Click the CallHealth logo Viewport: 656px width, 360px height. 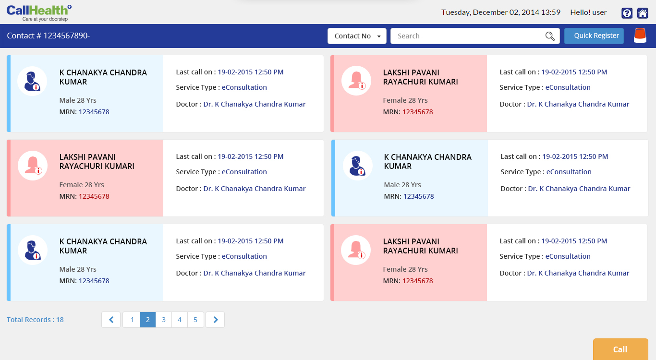pyautogui.click(x=39, y=12)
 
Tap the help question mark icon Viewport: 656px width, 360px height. pyautogui.click(x=627, y=13)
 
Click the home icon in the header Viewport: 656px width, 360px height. pyautogui.click(x=642, y=13)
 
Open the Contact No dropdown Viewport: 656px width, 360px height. pyautogui.click(x=357, y=36)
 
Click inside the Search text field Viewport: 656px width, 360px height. pyautogui.click(x=465, y=36)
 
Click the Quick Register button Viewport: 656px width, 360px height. pyautogui.click(x=594, y=36)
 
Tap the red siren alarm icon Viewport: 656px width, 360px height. pyautogui.click(x=640, y=36)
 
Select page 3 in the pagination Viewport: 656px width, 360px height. pyautogui.click(x=164, y=320)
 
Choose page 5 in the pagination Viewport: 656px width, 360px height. pyautogui.click(x=195, y=320)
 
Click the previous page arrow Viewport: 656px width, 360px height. pyautogui.click(x=111, y=320)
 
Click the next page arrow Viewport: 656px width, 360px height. pyautogui.click(x=215, y=320)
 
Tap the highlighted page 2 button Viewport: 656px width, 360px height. pyautogui.click(x=148, y=320)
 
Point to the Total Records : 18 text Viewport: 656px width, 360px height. pyautogui.click(x=35, y=320)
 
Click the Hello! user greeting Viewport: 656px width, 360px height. pyautogui.click(x=588, y=12)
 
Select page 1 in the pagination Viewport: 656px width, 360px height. pyautogui.click(x=132, y=320)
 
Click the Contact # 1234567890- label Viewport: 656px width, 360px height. pyautogui.click(x=48, y=36)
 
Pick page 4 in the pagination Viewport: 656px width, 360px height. pyautogui.click(x=180, y=320)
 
